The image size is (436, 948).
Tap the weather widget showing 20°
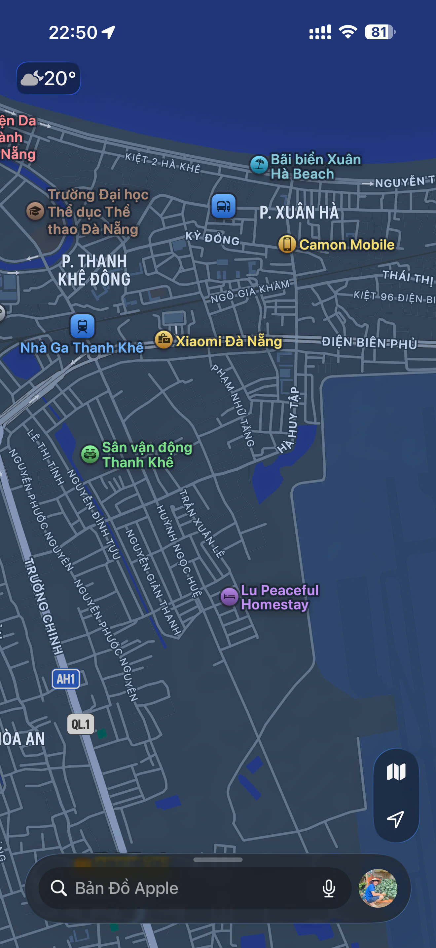click(x=48, y=78)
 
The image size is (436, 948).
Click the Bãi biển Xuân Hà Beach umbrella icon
click(x=259, y=165)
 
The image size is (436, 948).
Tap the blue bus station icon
click(x=223, y=206)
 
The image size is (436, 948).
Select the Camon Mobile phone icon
click(x=287, y=244)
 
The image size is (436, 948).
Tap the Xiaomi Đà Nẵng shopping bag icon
click(x=163, y=340)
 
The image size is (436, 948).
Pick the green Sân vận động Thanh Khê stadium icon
click(x=90, y=454)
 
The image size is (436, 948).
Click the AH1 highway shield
click(x=66, y=679)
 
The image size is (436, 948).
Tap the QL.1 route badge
click(x=81, y=724)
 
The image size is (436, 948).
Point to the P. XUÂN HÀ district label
click(x=299, y=213)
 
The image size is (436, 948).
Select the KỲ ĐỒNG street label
click(x=212, y=238)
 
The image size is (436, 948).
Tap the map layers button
click(x=396, y=771)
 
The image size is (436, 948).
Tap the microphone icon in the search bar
click(x=328, y=889)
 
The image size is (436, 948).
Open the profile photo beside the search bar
click(x=378, y=888)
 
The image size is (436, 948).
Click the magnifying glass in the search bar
click(x=59, y=888)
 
